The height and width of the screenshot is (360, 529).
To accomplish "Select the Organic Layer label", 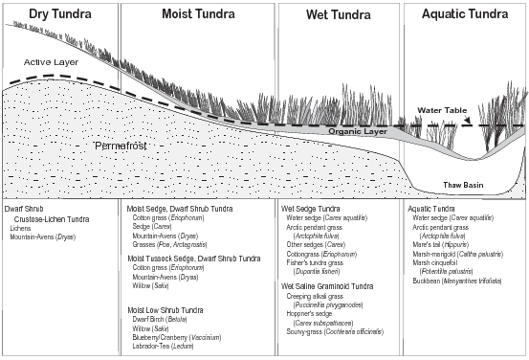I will [356, 131].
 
